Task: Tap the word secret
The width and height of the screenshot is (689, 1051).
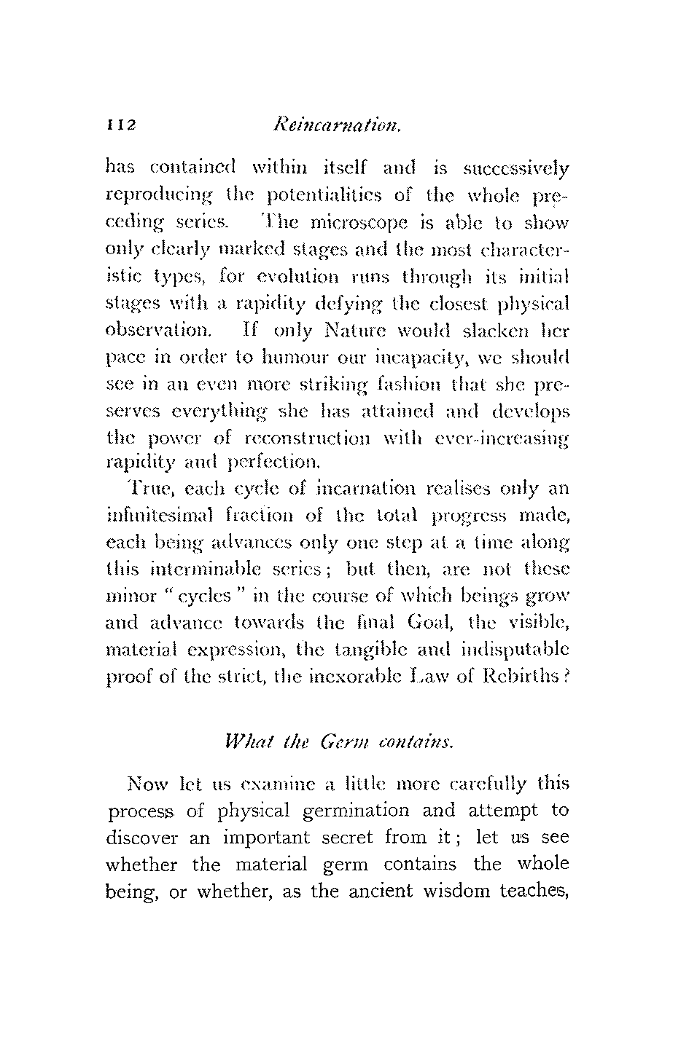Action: pos(335,838)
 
